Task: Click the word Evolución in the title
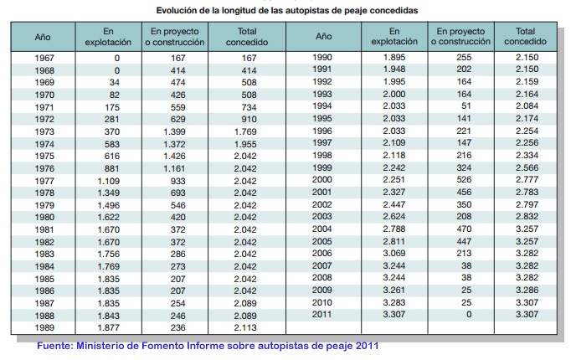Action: point(178,9)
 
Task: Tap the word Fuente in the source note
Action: point(56,345)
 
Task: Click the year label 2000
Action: point(322,180)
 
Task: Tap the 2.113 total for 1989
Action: point(246,327)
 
